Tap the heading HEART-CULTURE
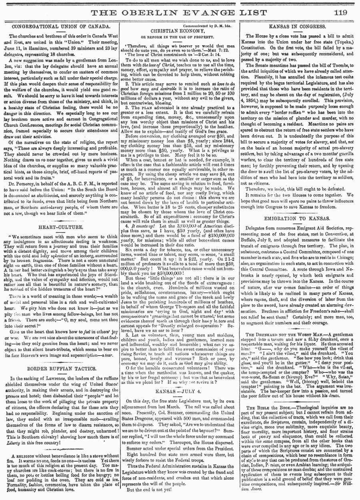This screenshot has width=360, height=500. coord(60,227)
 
